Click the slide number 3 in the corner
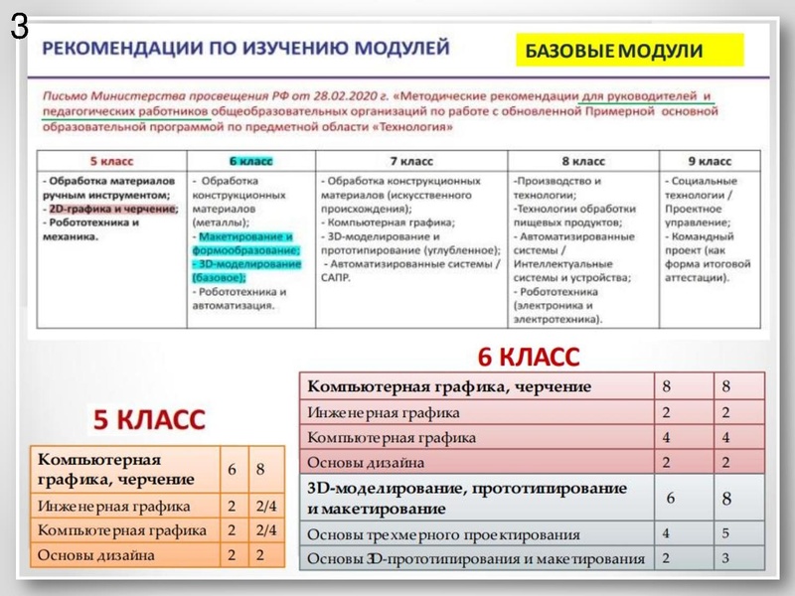coord(19,27)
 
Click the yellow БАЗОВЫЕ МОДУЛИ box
coord(629,50)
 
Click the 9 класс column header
coord(709,160)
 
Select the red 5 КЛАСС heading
coord(149,419)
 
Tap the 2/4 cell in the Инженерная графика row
coord(266,506)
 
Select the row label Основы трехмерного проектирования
coord(443,533)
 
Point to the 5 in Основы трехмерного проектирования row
coord(726,533)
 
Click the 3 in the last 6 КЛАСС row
coord(726,558)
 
